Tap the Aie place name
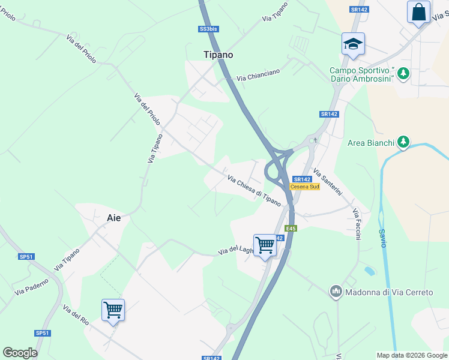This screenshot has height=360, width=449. [113, 218]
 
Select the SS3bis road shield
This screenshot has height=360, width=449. [207, 29]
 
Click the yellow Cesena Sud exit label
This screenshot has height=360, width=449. [305, 187]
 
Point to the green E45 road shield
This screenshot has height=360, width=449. [291, 229]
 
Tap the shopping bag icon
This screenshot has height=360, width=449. [418, 12]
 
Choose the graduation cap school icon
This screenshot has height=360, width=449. [354, 43]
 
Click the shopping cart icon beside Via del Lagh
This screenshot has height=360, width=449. [265, 245]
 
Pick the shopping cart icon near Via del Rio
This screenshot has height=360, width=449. [113, 310]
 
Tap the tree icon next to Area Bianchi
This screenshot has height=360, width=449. [405, 142]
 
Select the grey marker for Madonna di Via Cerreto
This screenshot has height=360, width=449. [336, 292]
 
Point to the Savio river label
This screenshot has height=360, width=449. [382, 238]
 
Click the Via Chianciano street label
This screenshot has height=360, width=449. [258, 75]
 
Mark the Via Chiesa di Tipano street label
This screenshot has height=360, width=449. [254, 188]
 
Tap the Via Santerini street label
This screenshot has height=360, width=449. [328, 182]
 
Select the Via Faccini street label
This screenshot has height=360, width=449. [357, 224]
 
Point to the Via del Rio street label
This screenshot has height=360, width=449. [76, 315]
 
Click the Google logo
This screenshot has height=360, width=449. [20, 353]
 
